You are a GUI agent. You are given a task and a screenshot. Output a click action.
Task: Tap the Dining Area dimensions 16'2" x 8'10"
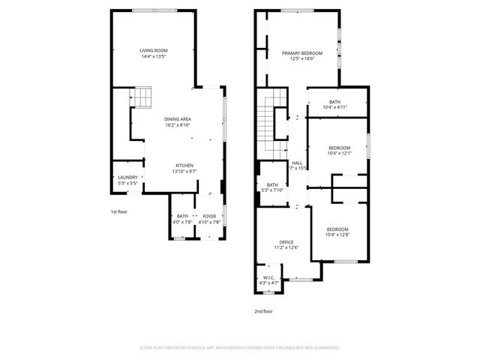click(x=178, y=125)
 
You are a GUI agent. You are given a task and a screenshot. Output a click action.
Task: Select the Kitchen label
click(x=184, y=165)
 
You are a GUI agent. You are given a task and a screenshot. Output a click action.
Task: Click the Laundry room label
click(x=127, y=178)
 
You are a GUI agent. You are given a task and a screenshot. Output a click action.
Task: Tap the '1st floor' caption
click(x=118, y=211)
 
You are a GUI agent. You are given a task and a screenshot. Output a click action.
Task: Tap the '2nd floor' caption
click(x=262, y=310)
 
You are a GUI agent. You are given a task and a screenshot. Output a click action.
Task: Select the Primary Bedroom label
click(x=302, y=53)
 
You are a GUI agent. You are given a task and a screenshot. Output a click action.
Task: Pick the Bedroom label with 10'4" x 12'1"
click(x=339, y=148)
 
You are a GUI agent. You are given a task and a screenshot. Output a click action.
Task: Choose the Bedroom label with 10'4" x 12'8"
click(x=337, y=229)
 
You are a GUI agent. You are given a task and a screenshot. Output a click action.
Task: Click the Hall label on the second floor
click(x=298, y=163)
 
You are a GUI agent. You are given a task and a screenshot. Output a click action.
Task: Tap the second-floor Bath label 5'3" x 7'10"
click(x=272, y=185)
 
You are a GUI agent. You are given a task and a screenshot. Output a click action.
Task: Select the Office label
click(x=286, y=241)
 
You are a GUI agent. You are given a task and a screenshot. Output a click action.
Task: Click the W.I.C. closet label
click(x=268, y=278)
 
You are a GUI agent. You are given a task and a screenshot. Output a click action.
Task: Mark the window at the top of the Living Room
click(x=155, y=10)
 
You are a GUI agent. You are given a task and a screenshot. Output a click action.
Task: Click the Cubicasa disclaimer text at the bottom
click(x=240, y=347)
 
